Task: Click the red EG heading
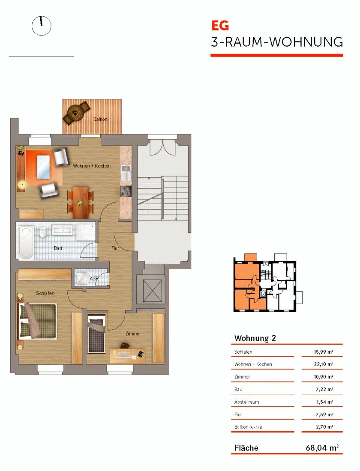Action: point(220,26)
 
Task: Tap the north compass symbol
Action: point(42,26)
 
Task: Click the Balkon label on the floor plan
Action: point(100,119)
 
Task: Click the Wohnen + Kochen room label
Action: point(92,166)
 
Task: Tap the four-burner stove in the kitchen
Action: point(126,191)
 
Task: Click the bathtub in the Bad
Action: point(26,242)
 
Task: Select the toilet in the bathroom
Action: point(43,232)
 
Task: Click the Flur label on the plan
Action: point(115,248)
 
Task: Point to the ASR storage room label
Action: point(94,279)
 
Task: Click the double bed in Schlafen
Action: point(37,321)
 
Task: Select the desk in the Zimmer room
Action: point(127,356)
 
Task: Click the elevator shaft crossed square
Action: point(153,290)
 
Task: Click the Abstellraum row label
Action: point(246,402)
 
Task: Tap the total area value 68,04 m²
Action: point(322,448)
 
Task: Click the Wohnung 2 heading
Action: point(255,338)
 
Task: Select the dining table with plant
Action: point(80,203)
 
